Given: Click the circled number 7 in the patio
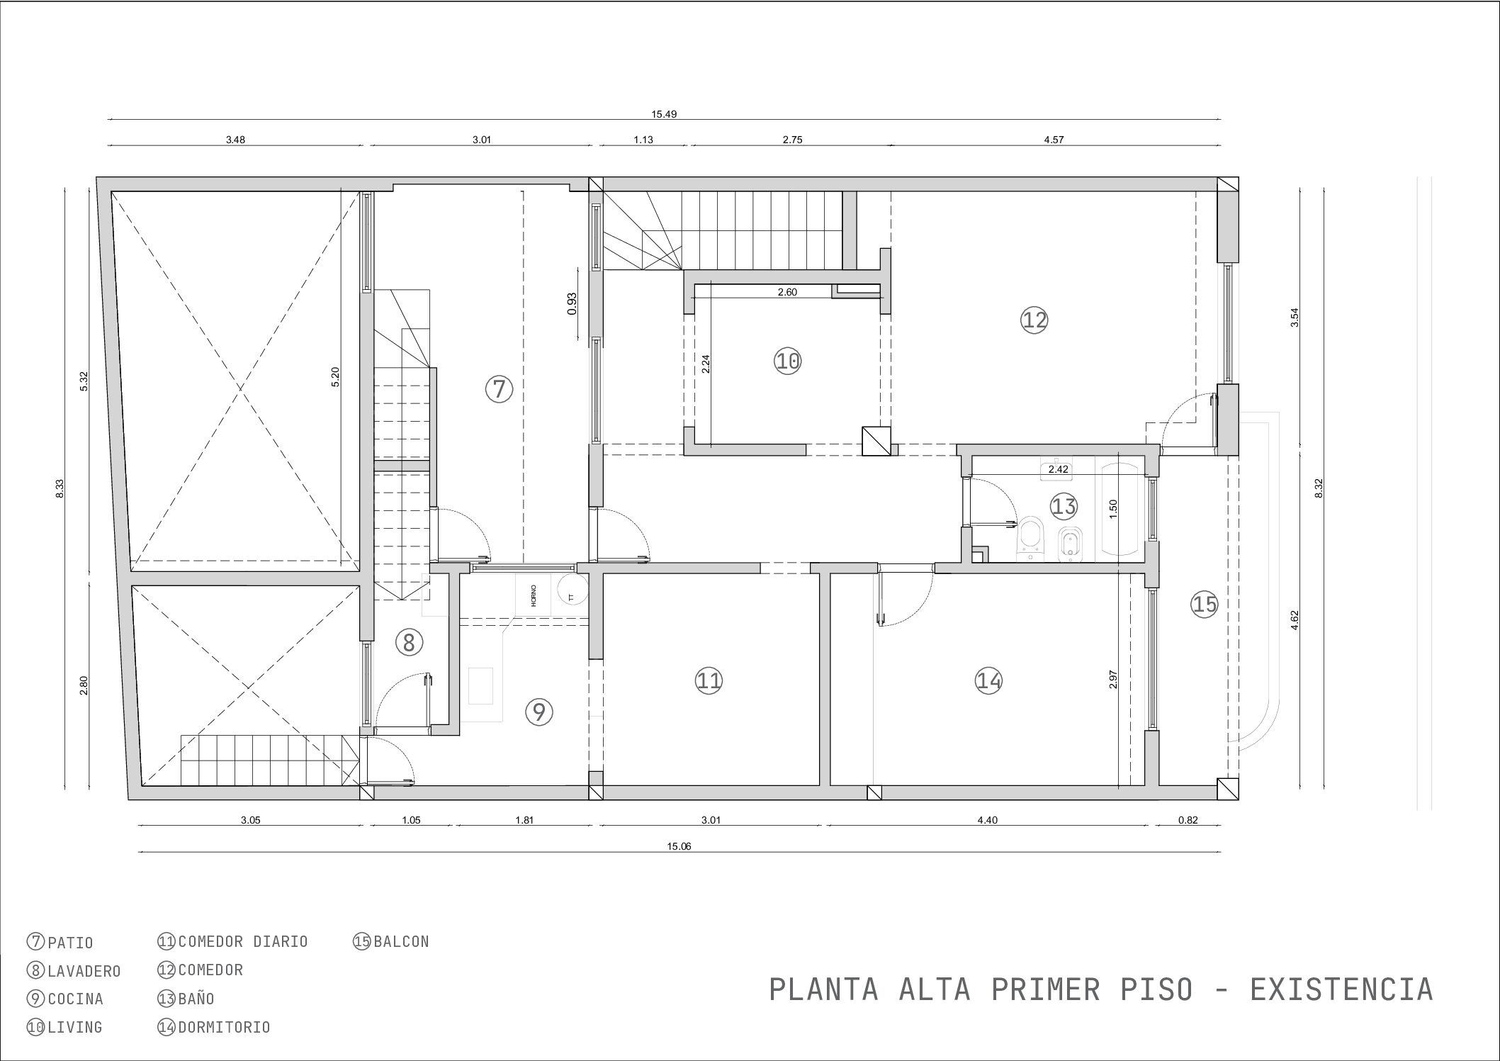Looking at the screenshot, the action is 499,389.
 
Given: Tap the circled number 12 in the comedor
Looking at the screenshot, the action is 1034,320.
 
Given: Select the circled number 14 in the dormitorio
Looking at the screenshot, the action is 988,681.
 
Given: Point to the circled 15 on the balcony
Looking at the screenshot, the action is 1205,604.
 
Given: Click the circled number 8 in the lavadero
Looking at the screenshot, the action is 409,643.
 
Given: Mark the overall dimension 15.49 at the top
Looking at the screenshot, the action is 664,113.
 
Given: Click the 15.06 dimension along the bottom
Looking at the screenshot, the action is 678,846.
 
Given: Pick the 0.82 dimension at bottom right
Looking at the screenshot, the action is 1188,820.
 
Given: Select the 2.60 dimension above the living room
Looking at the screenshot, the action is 787,292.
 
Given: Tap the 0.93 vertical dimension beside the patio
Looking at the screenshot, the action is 573,303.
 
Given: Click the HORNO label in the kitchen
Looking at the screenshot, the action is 534,595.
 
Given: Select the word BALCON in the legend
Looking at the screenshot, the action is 401,942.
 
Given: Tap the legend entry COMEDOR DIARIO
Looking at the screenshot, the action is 243,942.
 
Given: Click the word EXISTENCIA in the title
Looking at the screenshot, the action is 1341,989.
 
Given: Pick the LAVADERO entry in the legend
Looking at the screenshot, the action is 84,971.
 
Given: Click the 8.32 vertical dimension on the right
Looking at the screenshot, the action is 1319,488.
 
